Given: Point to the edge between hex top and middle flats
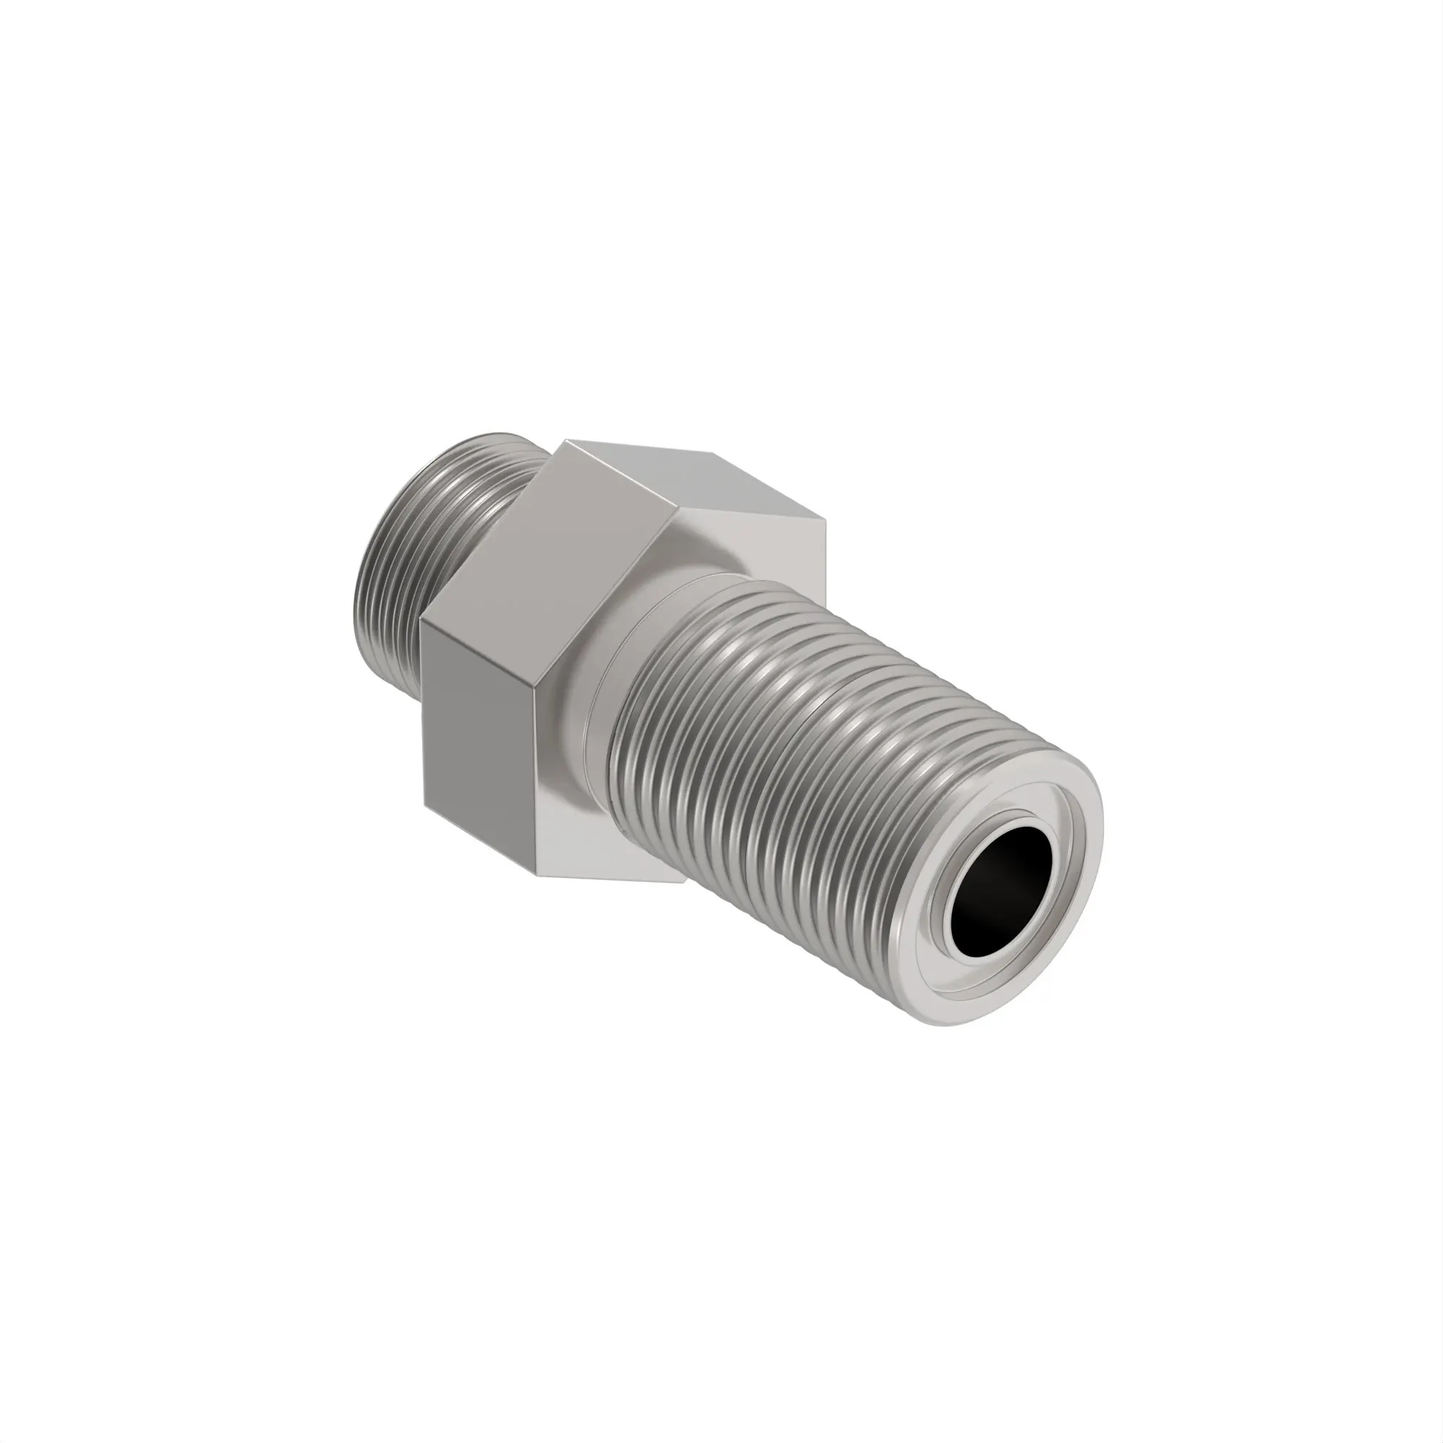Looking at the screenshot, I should tap(620, 474).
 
